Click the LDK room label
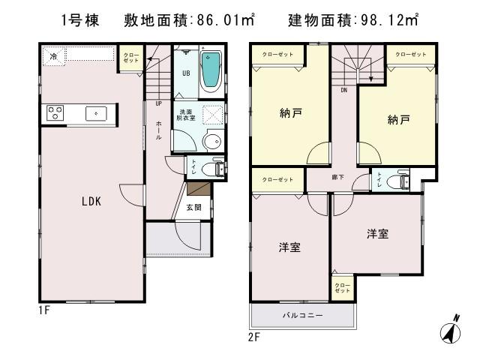91,201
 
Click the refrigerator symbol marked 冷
53,55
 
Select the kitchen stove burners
55,113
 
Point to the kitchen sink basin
95,113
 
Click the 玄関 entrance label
194,208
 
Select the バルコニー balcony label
303,316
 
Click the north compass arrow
453,328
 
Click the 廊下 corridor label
339,178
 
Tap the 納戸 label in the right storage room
399,119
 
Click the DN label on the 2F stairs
343,91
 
